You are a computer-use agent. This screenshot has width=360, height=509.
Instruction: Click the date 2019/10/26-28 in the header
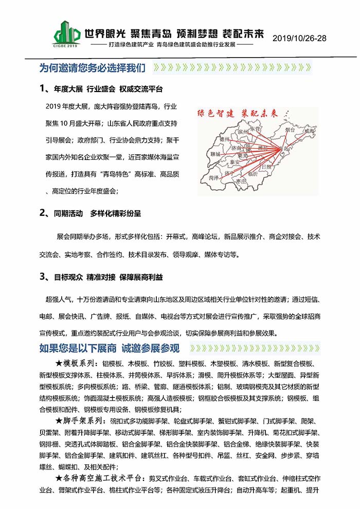[299, 39]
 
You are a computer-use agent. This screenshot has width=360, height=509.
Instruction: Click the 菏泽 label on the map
[214, 176]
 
